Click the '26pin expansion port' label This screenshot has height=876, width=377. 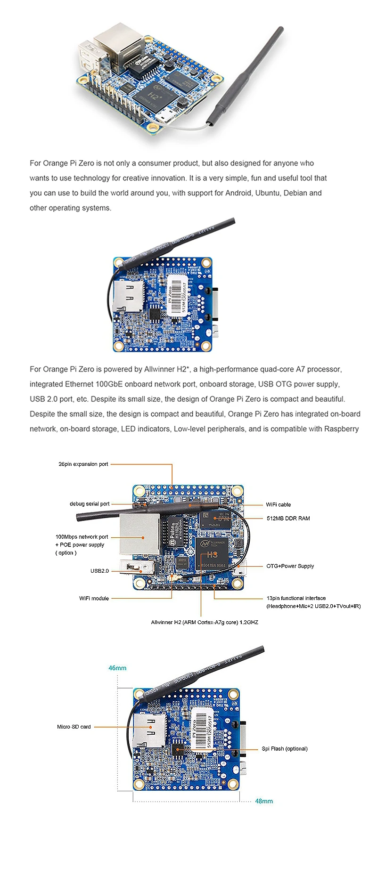coord(83,464)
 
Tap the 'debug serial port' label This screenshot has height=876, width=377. coord(90,503)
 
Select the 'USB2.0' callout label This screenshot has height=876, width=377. coord(99,571)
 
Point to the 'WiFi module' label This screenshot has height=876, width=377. coord(94,598)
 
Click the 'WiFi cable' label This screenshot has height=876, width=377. coord(278,504)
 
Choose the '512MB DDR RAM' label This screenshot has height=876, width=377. coord(288,518)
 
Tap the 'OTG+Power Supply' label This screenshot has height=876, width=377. coord(290,566)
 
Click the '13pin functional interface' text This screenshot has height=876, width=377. coord(296,598)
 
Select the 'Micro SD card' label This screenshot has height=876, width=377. coord(74,727)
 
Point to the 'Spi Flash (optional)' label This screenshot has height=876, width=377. coord(284,748)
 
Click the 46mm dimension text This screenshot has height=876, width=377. coord(117,668)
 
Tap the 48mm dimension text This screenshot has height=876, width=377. coord(264,801)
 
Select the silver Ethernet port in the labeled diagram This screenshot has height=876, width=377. coord(139,534)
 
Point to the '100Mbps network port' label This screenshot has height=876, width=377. coord(82,536)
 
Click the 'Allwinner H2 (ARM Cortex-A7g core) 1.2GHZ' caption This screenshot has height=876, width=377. coord(205,622)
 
